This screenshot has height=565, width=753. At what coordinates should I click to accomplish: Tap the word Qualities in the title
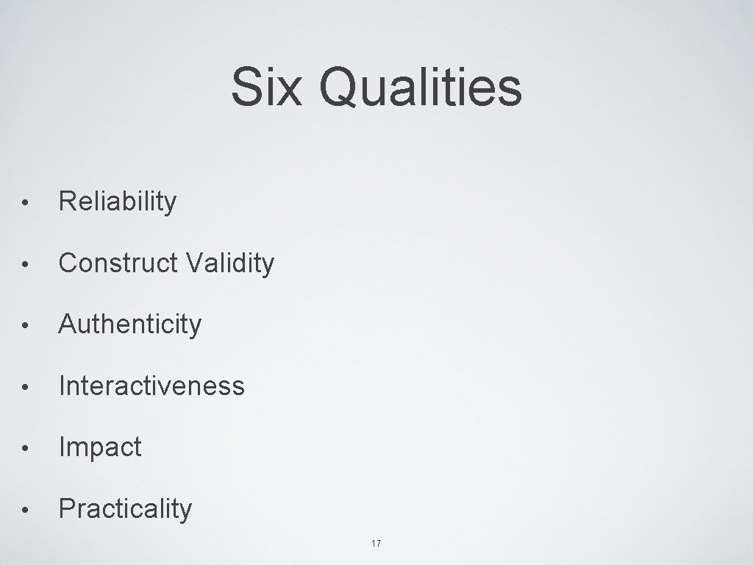coord(421,88)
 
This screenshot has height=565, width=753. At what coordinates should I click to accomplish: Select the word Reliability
coord(118,202)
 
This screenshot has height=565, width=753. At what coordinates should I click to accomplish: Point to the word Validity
coord(230,263)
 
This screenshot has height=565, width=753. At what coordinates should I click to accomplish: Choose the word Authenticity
coord(129,324)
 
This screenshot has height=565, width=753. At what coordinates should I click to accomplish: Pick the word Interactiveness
coord(151,385)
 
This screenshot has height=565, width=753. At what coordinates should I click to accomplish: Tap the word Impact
coord(100,447)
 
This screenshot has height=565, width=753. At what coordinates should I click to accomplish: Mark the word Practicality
coord(126,508)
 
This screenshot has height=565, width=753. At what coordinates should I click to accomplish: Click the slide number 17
coord(376,544)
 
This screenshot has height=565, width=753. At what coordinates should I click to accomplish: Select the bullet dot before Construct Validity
coord(25,264)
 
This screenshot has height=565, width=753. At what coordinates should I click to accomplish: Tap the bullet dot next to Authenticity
coord(25,325)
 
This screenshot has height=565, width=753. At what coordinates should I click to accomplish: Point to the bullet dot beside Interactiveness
coord(25,386)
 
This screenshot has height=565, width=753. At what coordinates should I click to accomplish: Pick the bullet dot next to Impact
coord(25,448)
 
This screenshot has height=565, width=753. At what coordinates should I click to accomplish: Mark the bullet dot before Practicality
coord(25,509)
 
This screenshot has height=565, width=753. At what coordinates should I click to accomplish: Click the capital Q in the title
coord(341,87)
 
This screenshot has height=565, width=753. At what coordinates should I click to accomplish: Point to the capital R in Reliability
coord(67,201)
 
